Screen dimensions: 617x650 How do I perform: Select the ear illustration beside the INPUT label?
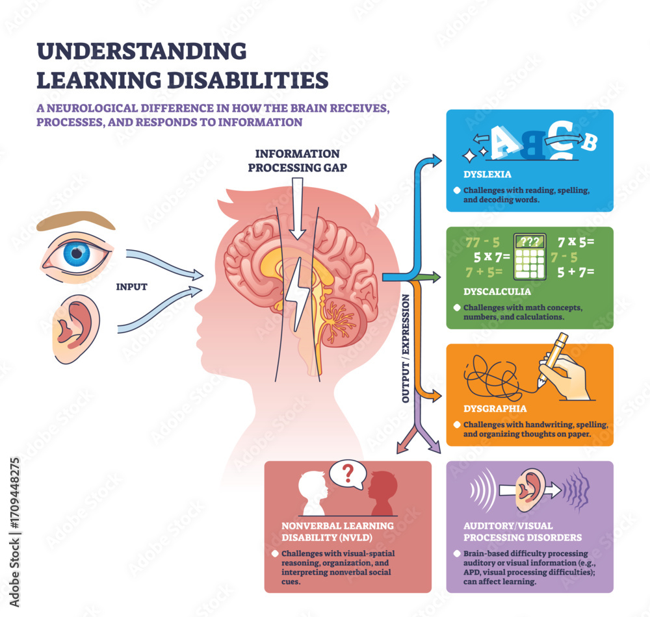point(73,328)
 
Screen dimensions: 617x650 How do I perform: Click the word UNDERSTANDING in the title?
point(141,52)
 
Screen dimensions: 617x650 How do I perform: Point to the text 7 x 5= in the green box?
point(575,242)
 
